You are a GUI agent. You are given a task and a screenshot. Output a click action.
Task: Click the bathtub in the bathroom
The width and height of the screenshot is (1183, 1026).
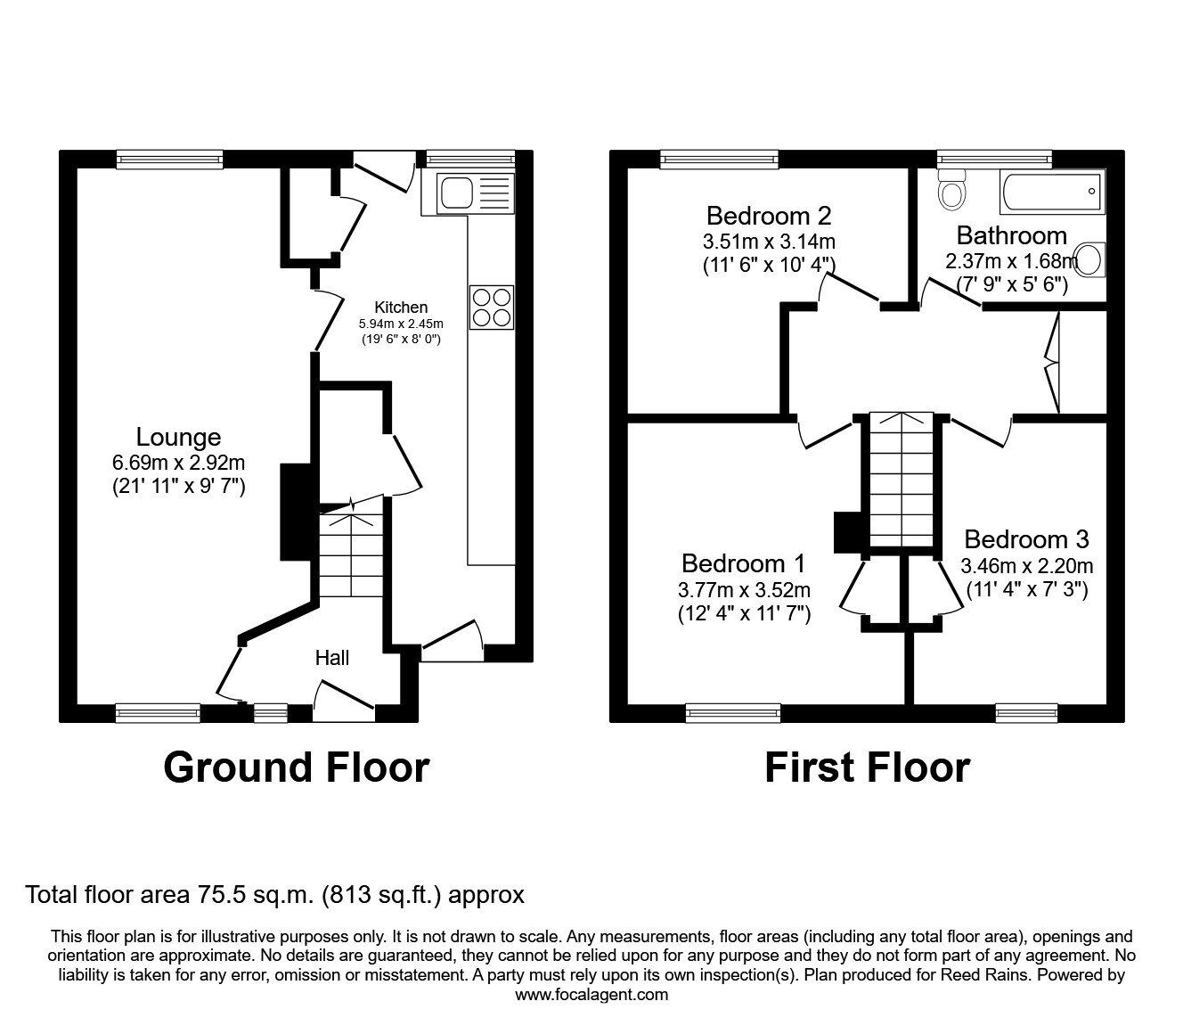pyautogui.click(x=1052, y=193)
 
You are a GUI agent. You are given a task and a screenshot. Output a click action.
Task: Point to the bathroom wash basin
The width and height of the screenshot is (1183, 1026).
pyautogui.click(x=1091, y=259)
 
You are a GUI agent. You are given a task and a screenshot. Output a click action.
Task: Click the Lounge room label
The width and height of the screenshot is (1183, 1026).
pyautogui.click(x=178, y=438)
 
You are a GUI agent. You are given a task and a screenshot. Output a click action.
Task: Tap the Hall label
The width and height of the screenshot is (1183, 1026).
pyautogui.click(x=332, y=658)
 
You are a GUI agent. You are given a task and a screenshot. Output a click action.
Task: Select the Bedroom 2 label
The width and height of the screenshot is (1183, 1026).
pyautogui.click(x=769, y=216)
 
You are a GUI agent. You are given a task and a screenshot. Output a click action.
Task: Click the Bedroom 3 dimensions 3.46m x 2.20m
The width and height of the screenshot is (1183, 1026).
pyautogui.click(x=1026, y=565)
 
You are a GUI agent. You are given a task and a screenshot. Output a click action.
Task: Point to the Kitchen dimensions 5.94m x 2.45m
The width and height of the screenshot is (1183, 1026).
pyautogui.click(x=401, y=324)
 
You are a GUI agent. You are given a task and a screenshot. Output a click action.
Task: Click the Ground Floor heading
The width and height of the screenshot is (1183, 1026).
pyautogui.click(x=296, y=767)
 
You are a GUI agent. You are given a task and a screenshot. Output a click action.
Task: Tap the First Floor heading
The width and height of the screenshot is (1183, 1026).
pyautogui.click(x=867, y=767)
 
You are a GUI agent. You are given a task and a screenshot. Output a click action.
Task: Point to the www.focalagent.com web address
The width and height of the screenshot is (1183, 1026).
pyautogui.click(x=591, y=995)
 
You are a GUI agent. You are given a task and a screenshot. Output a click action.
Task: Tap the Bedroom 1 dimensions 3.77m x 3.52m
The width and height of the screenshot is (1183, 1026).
pyautogui.click(x=744, y=589)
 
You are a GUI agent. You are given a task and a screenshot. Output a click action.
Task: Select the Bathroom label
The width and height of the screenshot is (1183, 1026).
pyautogui.click(x=1011, y=236)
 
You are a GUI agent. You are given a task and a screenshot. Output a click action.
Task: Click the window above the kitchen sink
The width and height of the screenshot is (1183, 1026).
pyautogui.click(x=470, y=159)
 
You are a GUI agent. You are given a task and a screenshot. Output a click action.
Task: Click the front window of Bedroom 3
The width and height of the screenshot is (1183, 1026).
pyautogui.click(x=1026, y=711)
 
